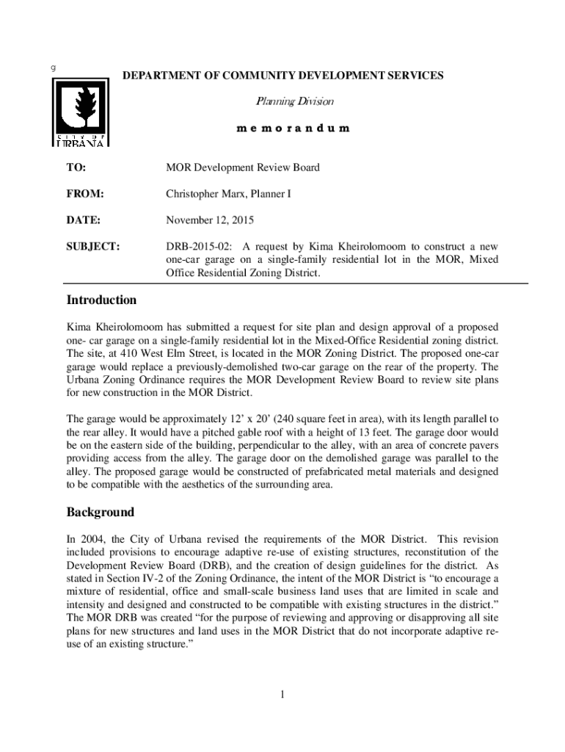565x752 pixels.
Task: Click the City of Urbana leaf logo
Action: (x=81, y=112)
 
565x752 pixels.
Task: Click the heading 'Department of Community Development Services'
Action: (x=282, y=76)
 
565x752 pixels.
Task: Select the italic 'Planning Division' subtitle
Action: (x=282, y=101)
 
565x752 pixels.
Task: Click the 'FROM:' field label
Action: (x=85, y=194)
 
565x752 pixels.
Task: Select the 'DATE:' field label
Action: (x=84, y=220)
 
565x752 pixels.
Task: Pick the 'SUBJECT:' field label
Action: (x=92, y=245)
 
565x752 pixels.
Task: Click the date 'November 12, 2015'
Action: (x=211, y=220)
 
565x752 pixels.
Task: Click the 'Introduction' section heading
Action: (x=101, y=300)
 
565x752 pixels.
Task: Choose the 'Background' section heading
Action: (x=100, y=512)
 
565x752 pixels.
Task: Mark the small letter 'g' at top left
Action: (x=53, y=68)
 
